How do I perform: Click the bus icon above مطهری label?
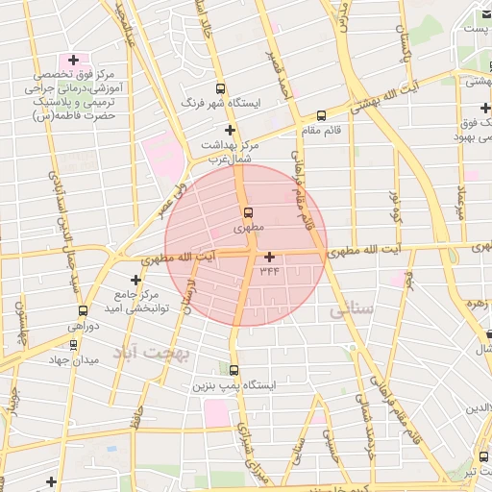pyautogui.click(x=248, y=212)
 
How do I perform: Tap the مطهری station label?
pyautogui.click(x=248, y=229)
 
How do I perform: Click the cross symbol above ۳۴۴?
pyautogui.click(x=269, y=257)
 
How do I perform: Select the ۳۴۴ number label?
pyautogui.click(x=269, y=272)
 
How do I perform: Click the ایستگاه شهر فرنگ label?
pyautogui.click(x=221, y=104)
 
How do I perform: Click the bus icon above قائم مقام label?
pyautogui.click(x=321, y=115)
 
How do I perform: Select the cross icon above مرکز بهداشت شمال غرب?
pyautogui.click(x=229, y=129)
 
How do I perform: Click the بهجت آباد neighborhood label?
pyautogui.click(x=154, y=354)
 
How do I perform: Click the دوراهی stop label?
pyautogui.click(x=83, y=327)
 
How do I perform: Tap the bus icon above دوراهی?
pyautogui.click(x=83, y=310)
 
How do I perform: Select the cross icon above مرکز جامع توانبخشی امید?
pyautogui.click(x=135, y=280)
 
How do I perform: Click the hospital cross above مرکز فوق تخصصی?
pyautogui.click(x=72, y=60)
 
